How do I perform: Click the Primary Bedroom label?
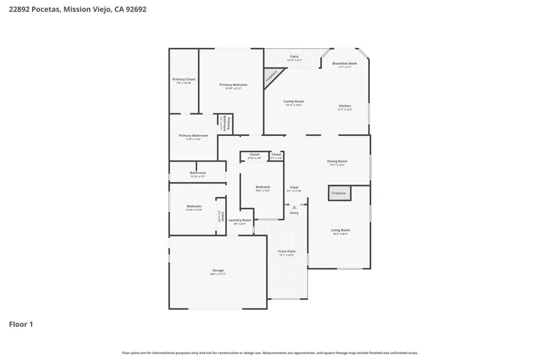(233, 85)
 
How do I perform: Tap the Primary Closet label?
(184, 80)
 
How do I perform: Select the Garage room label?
(218, 270)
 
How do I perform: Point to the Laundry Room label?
(240, 220)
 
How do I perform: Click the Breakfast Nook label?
(344, 64)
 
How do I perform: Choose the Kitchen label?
(344, 106)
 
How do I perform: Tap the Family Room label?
(294, 102)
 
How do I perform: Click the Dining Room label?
(337, 162)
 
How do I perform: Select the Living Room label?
(340, 230)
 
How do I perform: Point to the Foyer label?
(294, 188)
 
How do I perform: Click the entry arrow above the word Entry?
(294, 207)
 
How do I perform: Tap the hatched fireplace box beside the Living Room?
(339, 193)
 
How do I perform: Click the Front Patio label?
(287, 251)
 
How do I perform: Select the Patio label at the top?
(294, 56)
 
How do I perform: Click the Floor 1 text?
(21, 324)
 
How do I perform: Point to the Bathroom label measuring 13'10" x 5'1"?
(198, 173)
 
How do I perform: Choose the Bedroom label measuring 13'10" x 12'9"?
(194, 207)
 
